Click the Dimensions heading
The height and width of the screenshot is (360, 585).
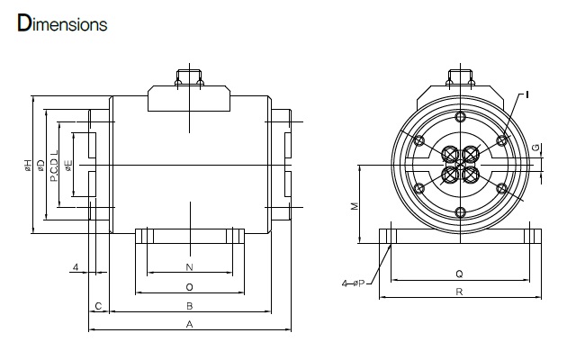point(62,23)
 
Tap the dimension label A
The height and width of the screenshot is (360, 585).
point(190,324)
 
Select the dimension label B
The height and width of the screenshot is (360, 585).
point(190,306)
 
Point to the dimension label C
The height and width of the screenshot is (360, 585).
point(98,306)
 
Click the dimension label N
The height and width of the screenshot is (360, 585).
point(190,267)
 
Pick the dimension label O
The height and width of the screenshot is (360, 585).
point(190,287)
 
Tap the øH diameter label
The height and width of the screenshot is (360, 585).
point(29,166)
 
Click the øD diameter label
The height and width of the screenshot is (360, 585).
point(40,166)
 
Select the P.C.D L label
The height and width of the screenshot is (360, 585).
point(54,166)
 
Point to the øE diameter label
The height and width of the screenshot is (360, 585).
point(68,166)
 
